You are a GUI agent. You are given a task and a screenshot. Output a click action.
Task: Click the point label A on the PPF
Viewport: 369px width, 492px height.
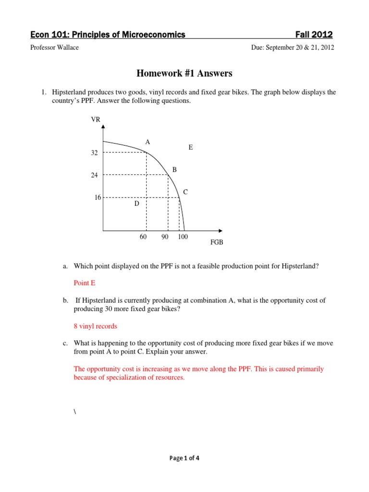click(148, 142)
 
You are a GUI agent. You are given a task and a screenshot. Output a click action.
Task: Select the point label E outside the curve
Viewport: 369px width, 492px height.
click(191, 148)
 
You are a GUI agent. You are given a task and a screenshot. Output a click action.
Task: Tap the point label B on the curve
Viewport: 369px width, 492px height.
click(174, 170)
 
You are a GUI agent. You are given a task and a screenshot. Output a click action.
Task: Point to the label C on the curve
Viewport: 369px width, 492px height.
click(185, 192)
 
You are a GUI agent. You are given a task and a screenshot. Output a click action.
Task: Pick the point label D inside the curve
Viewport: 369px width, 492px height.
click(136, 204)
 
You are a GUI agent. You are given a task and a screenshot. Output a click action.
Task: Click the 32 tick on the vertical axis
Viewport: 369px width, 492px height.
click(94, 153)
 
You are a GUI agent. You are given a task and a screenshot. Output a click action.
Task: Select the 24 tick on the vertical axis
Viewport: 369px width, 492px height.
click(94, 175)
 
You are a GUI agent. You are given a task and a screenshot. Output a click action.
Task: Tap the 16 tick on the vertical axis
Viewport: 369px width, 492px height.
click(98, 197)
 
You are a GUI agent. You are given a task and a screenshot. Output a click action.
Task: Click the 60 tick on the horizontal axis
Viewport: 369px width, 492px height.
click(143, 237)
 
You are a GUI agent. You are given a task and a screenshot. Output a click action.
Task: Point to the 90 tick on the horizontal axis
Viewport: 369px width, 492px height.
click(165, 237)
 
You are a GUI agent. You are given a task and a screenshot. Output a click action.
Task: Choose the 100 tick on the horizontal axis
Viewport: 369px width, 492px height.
click(183, 237)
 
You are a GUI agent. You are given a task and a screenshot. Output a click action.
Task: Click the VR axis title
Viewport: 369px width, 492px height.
click(96, 120)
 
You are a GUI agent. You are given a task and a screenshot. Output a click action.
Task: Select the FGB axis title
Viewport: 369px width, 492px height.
click(217, 243)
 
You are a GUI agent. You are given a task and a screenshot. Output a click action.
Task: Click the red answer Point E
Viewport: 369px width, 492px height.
click(85, 283)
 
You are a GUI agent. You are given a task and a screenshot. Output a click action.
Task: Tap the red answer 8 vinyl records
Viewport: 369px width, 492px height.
click(95, 326)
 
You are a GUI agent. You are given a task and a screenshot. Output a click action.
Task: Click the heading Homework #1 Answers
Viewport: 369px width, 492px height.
click(184, 73)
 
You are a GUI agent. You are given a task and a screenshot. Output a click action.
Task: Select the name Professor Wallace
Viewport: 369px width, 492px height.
click(55, 48)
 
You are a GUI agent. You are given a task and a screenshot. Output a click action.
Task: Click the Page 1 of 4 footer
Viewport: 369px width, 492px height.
click(184, 458)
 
